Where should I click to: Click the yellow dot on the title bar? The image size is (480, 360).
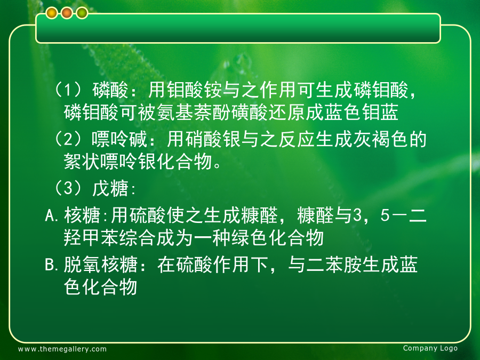coord(52,13)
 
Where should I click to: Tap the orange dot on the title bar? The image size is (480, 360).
coord(67,13)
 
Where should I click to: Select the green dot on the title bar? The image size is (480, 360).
coord(82,13)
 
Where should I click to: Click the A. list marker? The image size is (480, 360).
coord(51,215)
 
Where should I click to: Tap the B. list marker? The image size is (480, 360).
coord(51,265)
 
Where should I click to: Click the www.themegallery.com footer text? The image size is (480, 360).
coord(62,349)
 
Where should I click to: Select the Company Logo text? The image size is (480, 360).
coord(430,348)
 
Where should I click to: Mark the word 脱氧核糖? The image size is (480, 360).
coord(100,265)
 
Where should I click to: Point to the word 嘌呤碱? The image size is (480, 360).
coord(119,139)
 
